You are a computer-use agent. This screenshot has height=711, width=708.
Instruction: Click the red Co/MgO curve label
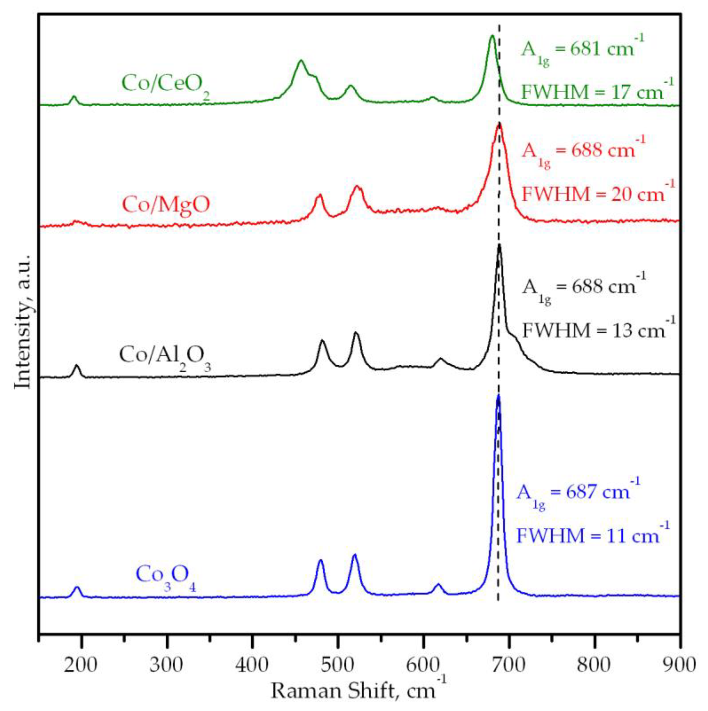click(x=166, y=205)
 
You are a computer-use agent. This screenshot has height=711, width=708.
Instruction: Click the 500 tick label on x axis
click(x=338, y=656)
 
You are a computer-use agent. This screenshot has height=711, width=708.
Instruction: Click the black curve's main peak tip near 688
click(x=499, y=245)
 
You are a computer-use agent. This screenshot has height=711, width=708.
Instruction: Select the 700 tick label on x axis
click(x=508, y=656)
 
